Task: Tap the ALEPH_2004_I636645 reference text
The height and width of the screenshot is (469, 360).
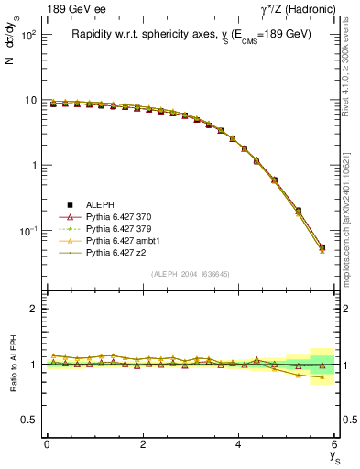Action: pos(190,274)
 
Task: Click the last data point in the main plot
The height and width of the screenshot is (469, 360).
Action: pos(322,247)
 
